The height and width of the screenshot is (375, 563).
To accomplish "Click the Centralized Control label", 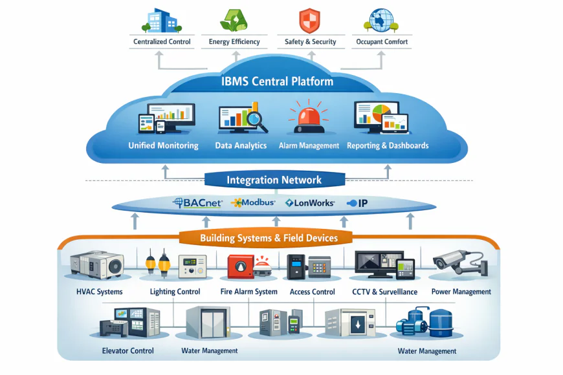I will click(162, 42).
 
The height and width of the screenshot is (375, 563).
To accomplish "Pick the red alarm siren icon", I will click(308, 117).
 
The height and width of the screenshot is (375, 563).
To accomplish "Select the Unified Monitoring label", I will click(163, 145).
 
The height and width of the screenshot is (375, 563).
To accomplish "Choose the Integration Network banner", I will click(274, 180).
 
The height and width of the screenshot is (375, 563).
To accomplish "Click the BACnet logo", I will click(198, 203).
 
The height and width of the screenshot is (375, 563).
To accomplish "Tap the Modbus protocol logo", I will click(253, 203).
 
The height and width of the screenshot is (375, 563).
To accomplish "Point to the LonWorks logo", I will click(310, 203).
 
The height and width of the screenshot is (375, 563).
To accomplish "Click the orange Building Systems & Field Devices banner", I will click(269, 238).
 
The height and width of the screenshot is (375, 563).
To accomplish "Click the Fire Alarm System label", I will click(248, 292).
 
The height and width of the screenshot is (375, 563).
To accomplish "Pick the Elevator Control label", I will click(127, 351).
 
